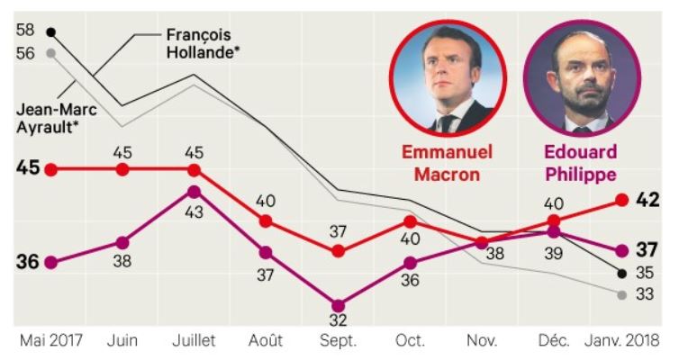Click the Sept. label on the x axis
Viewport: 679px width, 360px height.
(x=338, y=342)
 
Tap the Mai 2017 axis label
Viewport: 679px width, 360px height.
(x=50, y=342)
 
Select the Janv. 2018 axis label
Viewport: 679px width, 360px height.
(x=622, y=342)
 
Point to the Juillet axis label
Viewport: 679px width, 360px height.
(x=195, y=342)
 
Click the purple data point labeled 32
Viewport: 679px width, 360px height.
(x=338, y=306)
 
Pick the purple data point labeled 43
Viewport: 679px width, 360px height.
(x=195, y=192)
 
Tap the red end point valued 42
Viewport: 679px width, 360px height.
(x=622, y=200)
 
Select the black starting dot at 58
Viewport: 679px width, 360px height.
(x=51, y=32)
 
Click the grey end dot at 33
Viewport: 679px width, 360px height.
(x=622, y=294)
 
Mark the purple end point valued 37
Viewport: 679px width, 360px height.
(x=622, y=250)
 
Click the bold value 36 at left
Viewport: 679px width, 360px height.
(x=27, y=262)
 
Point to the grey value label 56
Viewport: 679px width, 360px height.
(x=25, y=53)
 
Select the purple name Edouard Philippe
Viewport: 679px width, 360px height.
(x=581, y=163)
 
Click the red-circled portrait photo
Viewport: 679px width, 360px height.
(x=448, y=77)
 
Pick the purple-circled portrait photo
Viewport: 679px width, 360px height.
(x=582, y=77)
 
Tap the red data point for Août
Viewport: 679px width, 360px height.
(x=266, y=221)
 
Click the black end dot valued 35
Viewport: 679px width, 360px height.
(x=622, y=273)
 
